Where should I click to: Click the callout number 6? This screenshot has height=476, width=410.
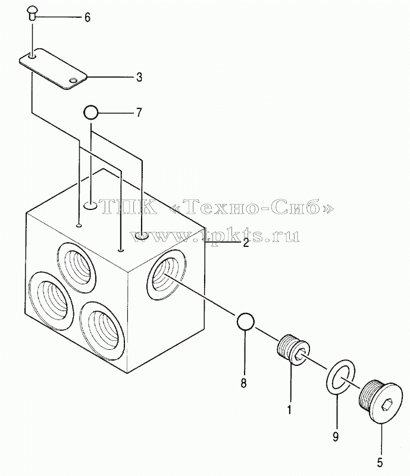(x=87, y=18)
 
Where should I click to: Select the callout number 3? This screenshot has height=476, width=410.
(x=139, y=77)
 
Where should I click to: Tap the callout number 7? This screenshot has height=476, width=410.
(x=139, y=112)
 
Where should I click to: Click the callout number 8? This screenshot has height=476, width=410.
(x=243, y=383)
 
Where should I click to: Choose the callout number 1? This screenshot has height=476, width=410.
(x=289, y=409)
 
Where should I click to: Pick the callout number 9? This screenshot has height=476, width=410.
(x=335, y=437)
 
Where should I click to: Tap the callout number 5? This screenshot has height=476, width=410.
(x=380, y=463)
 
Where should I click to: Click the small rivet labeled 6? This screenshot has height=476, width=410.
(x=32, y=14)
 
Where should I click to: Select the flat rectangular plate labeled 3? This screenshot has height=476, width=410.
(x=53, y=68)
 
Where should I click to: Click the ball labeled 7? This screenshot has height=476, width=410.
(x=90, y=113)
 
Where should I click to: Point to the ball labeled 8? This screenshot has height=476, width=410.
(x=245, y=321)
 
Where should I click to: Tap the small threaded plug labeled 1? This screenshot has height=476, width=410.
(x=294, y=350)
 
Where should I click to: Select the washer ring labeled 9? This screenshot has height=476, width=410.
(x=341, y=378)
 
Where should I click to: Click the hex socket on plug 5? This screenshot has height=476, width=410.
(x=387, y=405)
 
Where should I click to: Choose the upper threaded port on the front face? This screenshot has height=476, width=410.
(x=77, y=264)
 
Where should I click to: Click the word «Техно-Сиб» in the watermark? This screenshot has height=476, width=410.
(x=253, y=207)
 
